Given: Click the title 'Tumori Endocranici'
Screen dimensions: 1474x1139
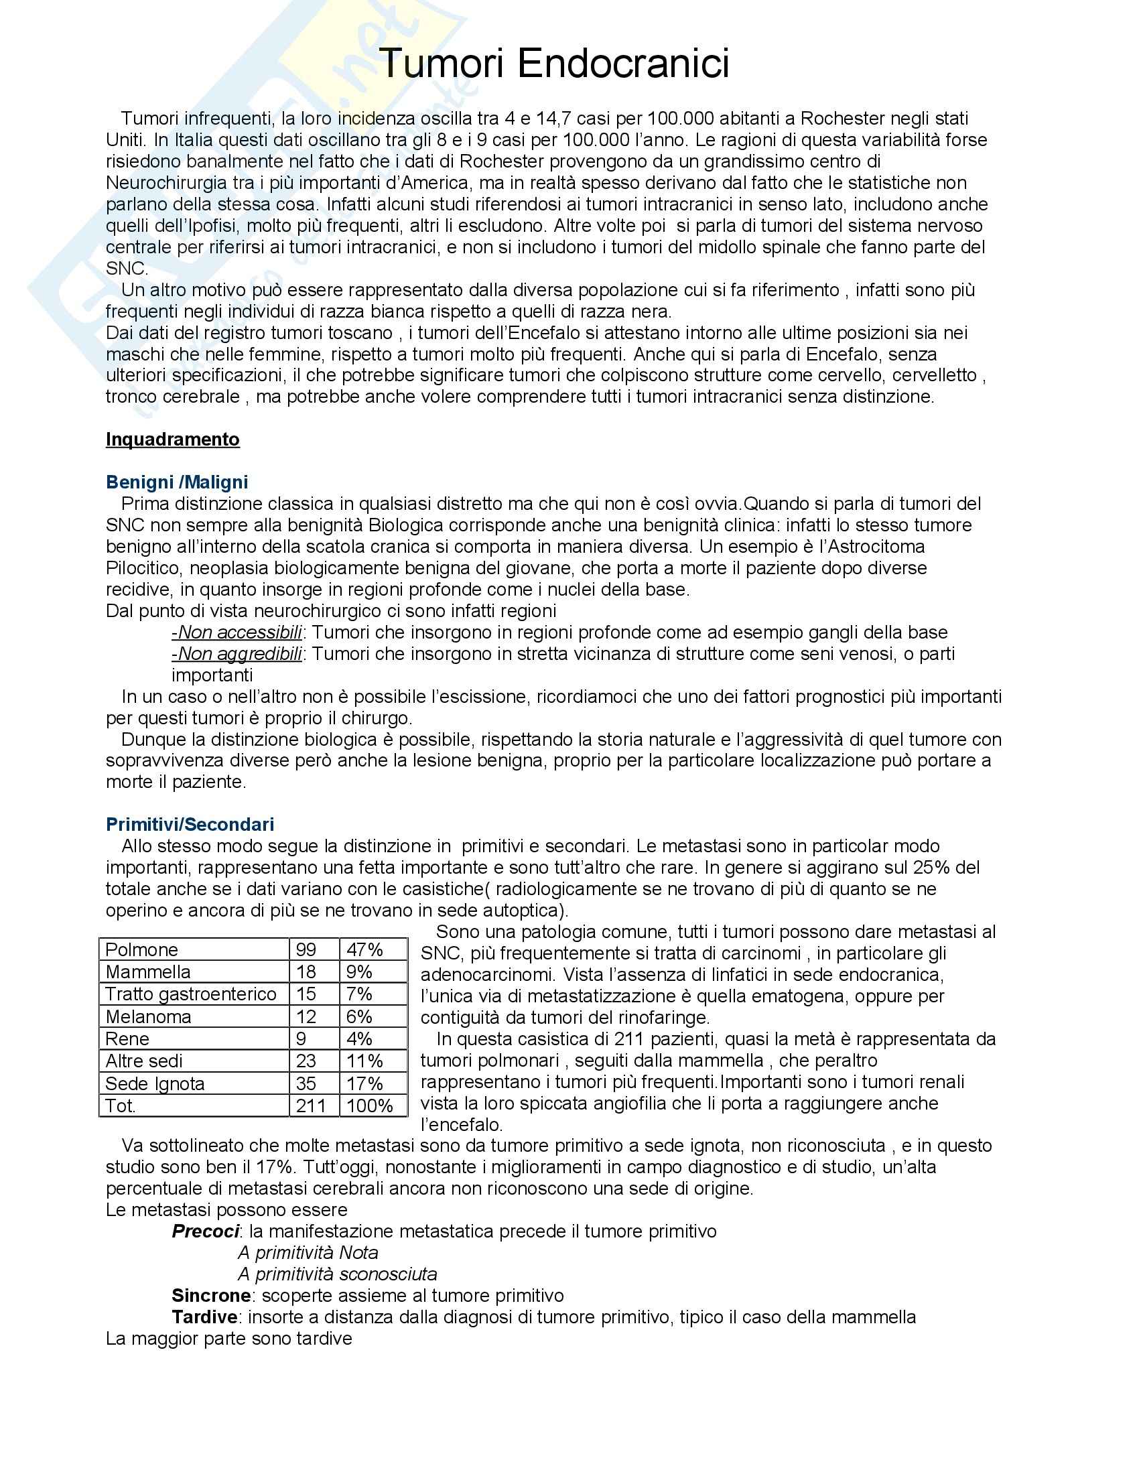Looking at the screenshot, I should (x=555, y=64).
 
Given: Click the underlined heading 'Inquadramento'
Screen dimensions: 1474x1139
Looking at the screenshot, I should (x=173, y=440).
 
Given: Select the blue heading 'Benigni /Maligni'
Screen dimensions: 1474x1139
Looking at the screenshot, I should (x=177, y=482).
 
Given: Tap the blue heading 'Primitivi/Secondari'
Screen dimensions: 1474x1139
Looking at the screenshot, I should (x=190, y=824).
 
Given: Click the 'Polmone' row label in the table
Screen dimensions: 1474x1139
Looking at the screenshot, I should (x=141, y=949).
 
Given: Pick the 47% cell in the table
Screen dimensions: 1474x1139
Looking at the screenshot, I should (x=364, y=949).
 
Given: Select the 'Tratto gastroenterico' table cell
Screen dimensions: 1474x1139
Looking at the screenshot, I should (x=191, y=994).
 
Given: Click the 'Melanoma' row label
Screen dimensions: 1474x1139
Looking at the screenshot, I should (x=149, y=1016).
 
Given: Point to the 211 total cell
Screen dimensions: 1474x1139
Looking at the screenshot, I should (x=311, y=1105).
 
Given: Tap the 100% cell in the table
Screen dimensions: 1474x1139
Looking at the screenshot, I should (x=369, y=1105).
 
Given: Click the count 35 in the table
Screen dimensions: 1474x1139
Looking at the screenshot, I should (x=306, y=1083).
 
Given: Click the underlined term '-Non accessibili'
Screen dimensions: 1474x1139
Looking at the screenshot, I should (x=237, y=632).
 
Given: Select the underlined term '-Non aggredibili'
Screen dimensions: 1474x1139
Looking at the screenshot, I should (x=237, y=654).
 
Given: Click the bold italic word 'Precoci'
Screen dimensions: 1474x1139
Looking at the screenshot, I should (x=205, y=1231).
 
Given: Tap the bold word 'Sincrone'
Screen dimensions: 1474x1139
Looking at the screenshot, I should (x=211, y=1296).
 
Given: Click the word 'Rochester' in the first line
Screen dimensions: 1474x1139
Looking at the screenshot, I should (x=843, y=118).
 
